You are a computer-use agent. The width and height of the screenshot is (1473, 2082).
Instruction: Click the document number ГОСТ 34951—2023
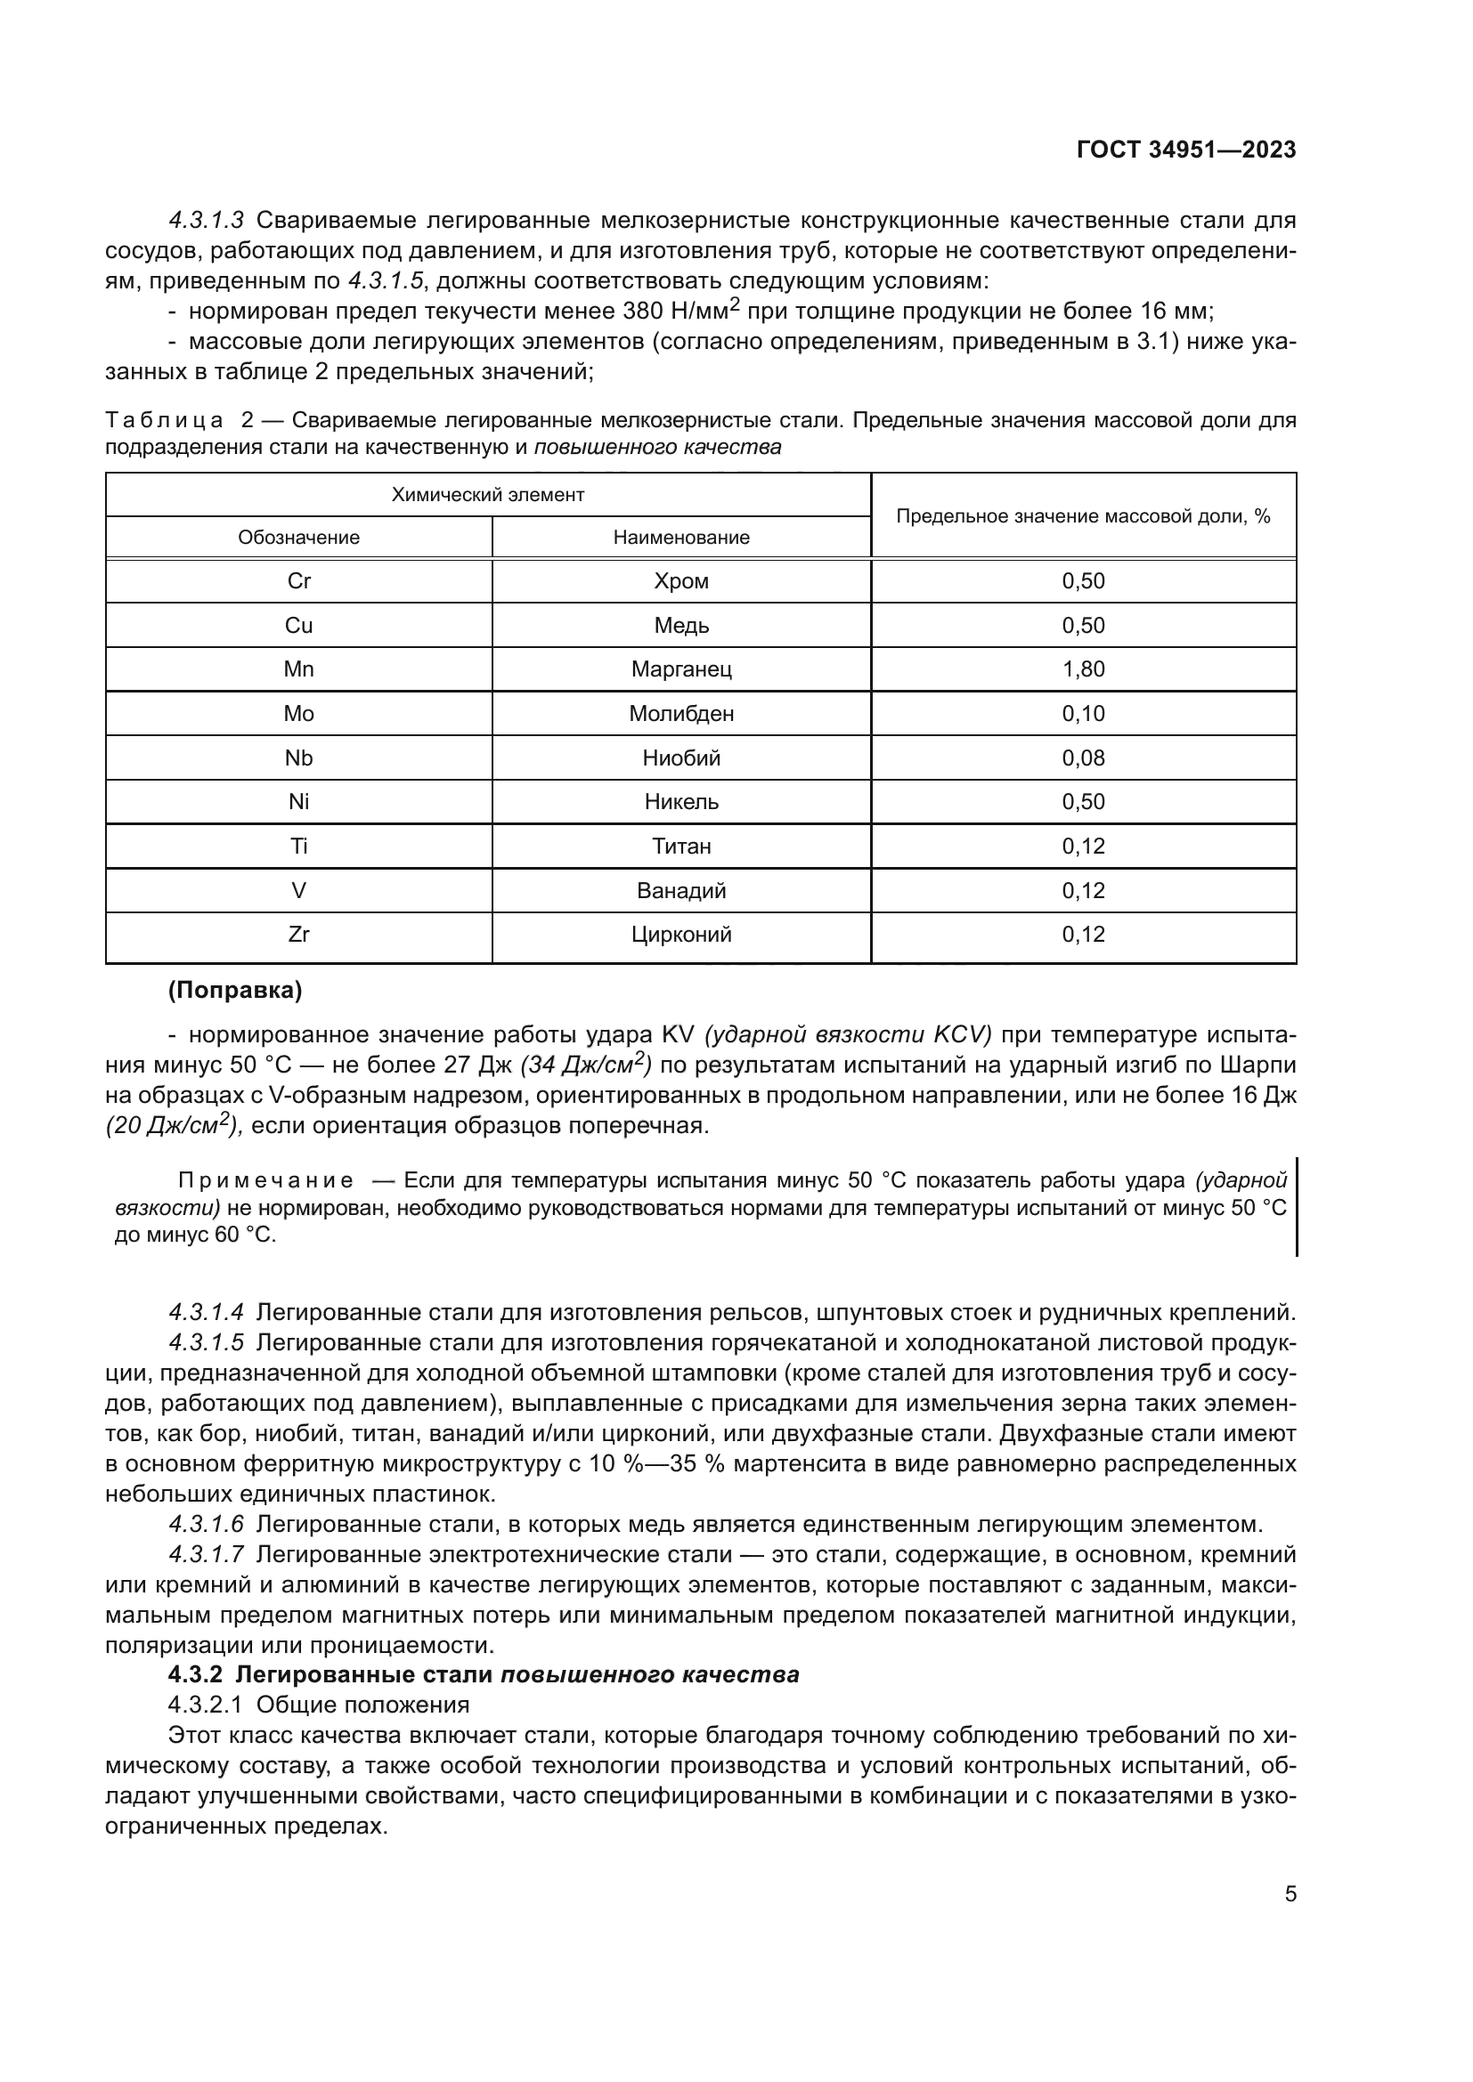tap(1185, 150)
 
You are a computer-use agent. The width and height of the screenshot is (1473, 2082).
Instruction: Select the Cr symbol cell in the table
tap(298, 581)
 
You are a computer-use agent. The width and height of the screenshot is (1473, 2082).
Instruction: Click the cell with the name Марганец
tap(681, 669)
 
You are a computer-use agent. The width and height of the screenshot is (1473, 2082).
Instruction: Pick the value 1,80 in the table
tap(1083, 669)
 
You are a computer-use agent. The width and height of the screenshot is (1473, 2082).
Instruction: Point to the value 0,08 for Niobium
tap(1083, 758)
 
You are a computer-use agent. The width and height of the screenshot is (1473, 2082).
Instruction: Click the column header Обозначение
tap(298, 537)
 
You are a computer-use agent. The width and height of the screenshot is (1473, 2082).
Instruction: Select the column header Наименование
tap(681, 537)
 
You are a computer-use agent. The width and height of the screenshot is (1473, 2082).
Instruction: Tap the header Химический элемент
tap(487, 494)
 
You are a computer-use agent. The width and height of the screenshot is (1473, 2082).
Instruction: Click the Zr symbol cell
tap(298, 934)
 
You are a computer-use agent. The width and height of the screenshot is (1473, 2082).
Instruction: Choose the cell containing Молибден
tap(681, 714)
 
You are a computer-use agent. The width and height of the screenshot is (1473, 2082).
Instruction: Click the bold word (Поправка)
tap(235, 990)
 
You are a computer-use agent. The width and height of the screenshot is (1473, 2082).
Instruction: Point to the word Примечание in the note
tap(264, 1179)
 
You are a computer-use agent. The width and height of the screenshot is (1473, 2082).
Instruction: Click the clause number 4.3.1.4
tap(206, 1312)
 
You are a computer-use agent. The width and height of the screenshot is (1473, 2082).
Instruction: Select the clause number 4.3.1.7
tap(206, 1554)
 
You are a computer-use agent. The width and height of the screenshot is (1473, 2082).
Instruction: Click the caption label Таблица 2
tap(180, 421)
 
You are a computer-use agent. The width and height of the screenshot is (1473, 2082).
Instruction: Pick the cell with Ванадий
tap(681, 890)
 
